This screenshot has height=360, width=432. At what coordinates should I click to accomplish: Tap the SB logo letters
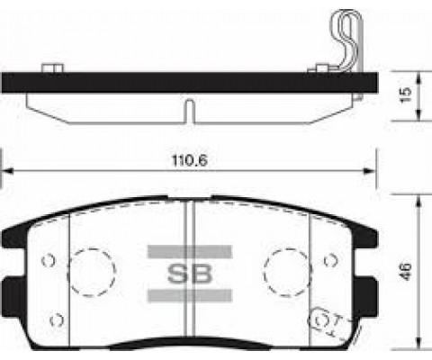pos(187,274)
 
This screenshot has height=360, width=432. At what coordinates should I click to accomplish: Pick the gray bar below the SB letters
pos(186,295)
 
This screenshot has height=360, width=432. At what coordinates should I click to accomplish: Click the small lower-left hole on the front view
pos(56,319)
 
